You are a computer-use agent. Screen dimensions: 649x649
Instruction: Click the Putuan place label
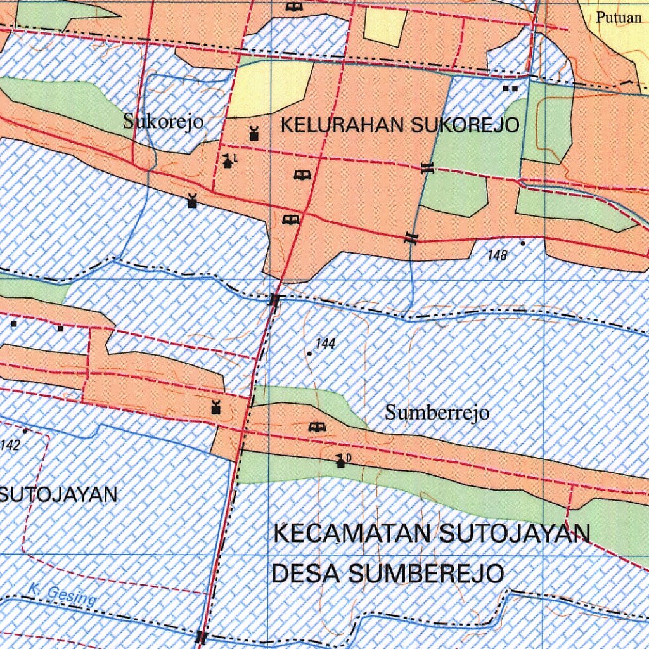[618, 18]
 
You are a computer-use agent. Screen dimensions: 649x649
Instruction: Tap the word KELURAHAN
[343, 125]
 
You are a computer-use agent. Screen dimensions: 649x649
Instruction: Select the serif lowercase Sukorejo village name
[164, 121]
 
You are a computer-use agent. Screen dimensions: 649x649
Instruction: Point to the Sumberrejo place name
[437, 413]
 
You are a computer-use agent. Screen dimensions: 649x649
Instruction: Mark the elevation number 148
[498, 255]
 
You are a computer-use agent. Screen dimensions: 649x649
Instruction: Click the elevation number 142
[11, 444]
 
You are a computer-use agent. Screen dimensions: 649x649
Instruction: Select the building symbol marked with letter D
[342, 461]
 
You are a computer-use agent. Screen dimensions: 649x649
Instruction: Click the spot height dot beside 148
[523, 243]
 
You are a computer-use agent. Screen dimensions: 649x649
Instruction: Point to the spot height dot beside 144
[309, 354]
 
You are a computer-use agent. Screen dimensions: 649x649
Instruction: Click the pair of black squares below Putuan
[510, 89]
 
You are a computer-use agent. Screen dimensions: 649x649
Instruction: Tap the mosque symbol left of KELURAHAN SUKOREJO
[254, 133]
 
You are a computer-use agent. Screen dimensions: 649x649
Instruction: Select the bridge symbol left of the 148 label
[412, 238]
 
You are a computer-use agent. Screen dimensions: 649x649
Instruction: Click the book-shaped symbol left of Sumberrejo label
[315, 427]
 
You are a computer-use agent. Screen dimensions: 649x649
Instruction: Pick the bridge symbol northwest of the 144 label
[274, 300]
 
